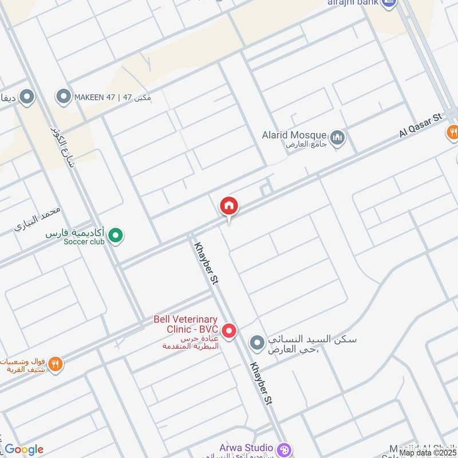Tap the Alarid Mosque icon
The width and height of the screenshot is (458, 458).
(338, 137)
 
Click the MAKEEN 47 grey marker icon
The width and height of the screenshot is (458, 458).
(63, 97)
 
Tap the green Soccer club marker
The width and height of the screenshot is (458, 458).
(116, 235)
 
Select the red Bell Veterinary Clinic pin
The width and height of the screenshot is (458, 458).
(229, 331)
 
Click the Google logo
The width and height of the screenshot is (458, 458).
(24, 449)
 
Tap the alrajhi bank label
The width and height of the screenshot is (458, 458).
(353, 3)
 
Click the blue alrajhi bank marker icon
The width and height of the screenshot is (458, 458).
(389, 3)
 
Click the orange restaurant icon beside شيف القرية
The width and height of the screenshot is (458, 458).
(56, 364)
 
